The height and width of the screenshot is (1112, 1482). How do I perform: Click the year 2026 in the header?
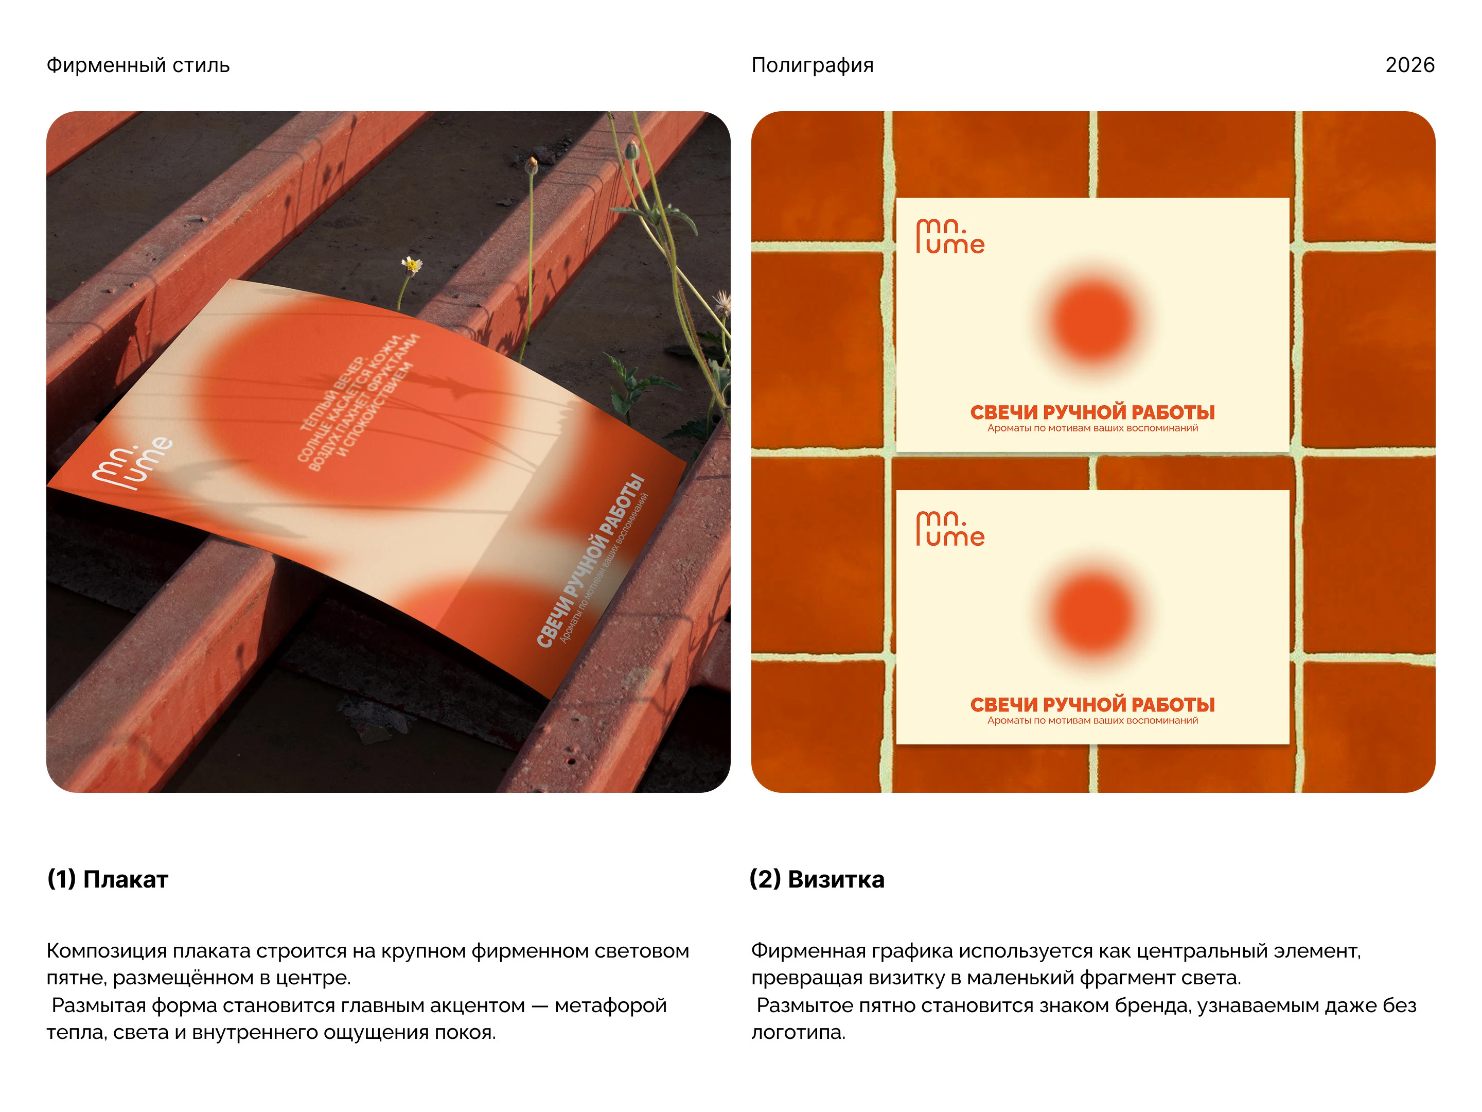click(x=1409, y=65)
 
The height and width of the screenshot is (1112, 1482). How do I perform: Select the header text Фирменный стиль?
click(x=138, y=65)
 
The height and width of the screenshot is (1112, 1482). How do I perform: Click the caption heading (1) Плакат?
click(x=107, y=879)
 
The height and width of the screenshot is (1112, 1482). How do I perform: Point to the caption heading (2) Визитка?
click(x=817, y=879)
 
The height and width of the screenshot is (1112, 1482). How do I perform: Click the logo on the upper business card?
click(x=950, y=236)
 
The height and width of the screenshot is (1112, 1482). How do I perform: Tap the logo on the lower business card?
click(x=950, y=529)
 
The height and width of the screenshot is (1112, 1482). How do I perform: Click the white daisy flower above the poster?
click(x=411, y=266)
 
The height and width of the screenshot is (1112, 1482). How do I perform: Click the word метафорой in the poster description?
click(x=610, y=1005)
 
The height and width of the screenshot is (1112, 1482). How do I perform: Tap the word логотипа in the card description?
click(x=798, y=1033)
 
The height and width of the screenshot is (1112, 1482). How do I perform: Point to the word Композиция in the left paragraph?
click(x=107, y=952)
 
